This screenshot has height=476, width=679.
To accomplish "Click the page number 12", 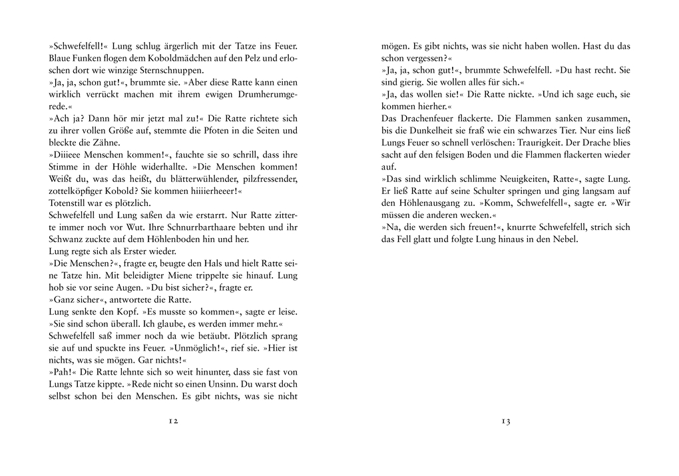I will click(x=172, y=421).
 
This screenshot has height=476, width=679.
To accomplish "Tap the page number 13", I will click(x=505, y=421).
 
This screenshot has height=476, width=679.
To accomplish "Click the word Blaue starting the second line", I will click(x=61, y=59).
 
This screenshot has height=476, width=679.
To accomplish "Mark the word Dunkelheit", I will click(x=454, y=130).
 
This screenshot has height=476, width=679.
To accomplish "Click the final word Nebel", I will click(x=564, y=239).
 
